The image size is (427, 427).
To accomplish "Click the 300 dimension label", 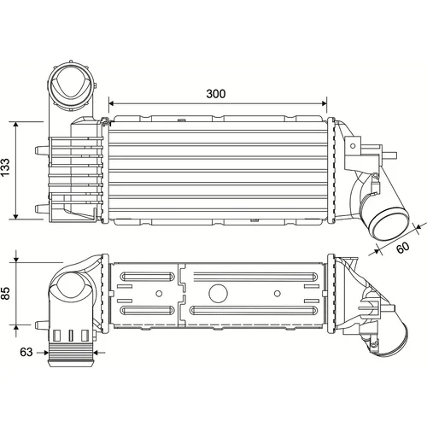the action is tap(216, 94).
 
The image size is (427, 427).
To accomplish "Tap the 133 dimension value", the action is tap(6, 167).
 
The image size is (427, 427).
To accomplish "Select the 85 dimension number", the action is tap(6, 293).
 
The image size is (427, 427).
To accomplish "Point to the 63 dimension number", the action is tap(26, 352).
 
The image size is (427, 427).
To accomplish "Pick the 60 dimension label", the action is tap(403, 248).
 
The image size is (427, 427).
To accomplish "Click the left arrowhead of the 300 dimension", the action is tap(111, 103).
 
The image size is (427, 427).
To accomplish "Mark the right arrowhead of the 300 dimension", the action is tap(325, 103).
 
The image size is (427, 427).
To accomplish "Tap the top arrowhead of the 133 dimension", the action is tap(16, 124).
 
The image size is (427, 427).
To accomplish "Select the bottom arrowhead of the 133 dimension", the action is tap(16, 217).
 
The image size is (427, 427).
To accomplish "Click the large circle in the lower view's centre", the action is tap(218, 293).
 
